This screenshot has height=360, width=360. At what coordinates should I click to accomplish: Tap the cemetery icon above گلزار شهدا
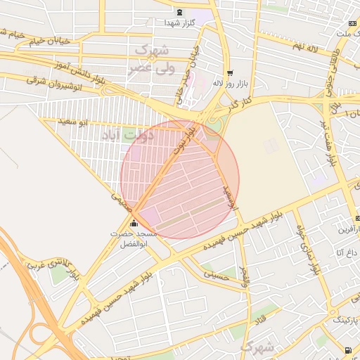[x=179, y=11]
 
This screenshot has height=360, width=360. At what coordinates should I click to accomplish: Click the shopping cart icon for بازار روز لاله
[x=230, y=73]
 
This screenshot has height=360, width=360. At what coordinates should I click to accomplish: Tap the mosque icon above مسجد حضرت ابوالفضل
[x=134, y=224]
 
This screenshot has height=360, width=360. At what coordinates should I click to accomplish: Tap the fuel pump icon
[x=348, y=349]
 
